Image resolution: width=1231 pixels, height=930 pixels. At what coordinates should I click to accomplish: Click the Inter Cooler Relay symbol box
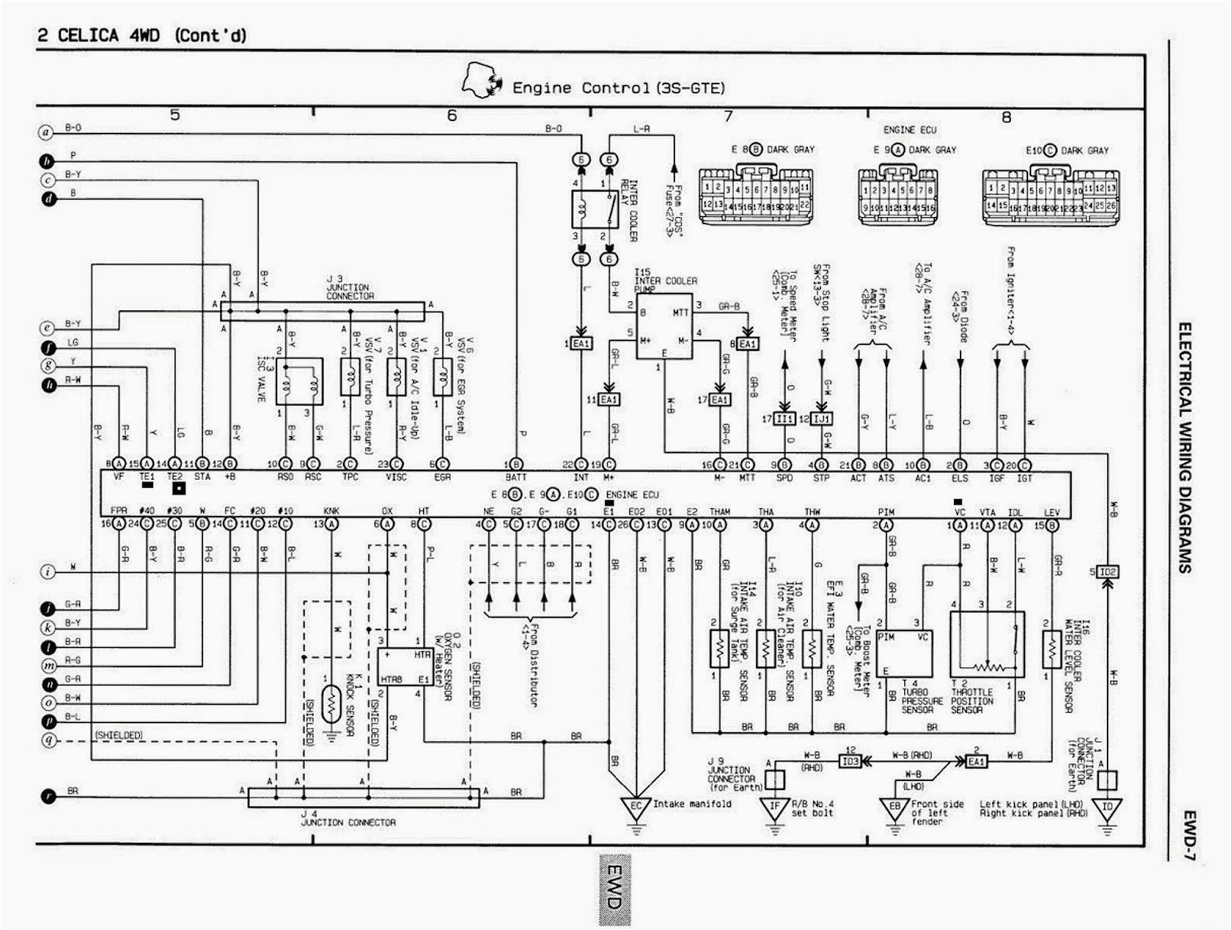(x=595, y=208)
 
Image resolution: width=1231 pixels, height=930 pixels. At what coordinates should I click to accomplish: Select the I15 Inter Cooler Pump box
(x=663, y=326)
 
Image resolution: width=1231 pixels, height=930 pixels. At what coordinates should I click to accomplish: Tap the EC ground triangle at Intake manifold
(x=636, y=807)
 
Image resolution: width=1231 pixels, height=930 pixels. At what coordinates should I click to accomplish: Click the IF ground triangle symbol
(x=774, y=808)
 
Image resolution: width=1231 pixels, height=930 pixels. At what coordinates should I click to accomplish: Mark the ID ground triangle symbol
(x=1107, y=808)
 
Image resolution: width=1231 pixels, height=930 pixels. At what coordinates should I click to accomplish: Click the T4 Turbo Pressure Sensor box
(x=904, y=653)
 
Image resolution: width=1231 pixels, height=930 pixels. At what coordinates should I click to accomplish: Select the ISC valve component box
(x=299, y=381)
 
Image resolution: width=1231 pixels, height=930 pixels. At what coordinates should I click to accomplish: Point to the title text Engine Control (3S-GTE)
(x=619, y=88)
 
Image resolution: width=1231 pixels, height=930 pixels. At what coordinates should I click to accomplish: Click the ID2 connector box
(x=1107, y=572)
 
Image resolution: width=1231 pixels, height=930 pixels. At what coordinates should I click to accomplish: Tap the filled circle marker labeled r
(x=48, y=796)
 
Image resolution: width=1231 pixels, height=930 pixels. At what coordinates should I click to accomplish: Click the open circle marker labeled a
(x=46, y=132)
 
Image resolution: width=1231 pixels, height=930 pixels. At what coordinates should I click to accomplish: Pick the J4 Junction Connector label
(x=348, y=822)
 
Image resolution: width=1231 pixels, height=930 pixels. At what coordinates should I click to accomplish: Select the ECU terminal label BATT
(x=516, y=478)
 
